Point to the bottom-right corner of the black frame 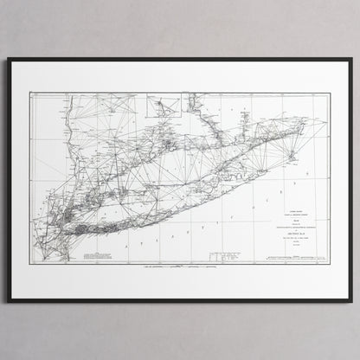click(x=350, y=300)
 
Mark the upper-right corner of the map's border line click(x=329, y=93)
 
